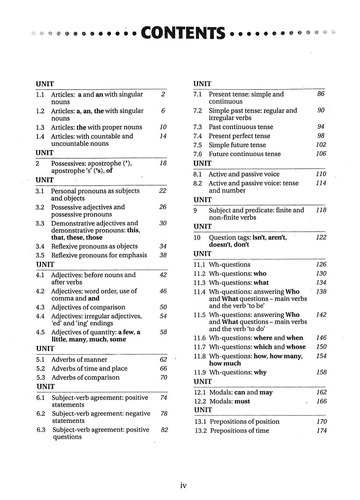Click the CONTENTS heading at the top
183,33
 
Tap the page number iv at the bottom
183,486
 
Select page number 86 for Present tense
321,94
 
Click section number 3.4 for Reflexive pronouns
40,246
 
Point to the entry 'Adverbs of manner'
79,360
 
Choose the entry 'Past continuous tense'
241,127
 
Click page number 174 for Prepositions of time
321,431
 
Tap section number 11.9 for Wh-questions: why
200,372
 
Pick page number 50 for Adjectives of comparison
163,307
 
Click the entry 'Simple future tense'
237,145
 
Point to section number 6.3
41,430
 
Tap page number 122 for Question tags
321,237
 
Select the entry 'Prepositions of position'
244,422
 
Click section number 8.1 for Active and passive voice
198,174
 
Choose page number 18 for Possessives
163,163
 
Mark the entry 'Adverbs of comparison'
85,378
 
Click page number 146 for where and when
321,338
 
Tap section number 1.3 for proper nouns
40,127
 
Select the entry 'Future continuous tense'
244,154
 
